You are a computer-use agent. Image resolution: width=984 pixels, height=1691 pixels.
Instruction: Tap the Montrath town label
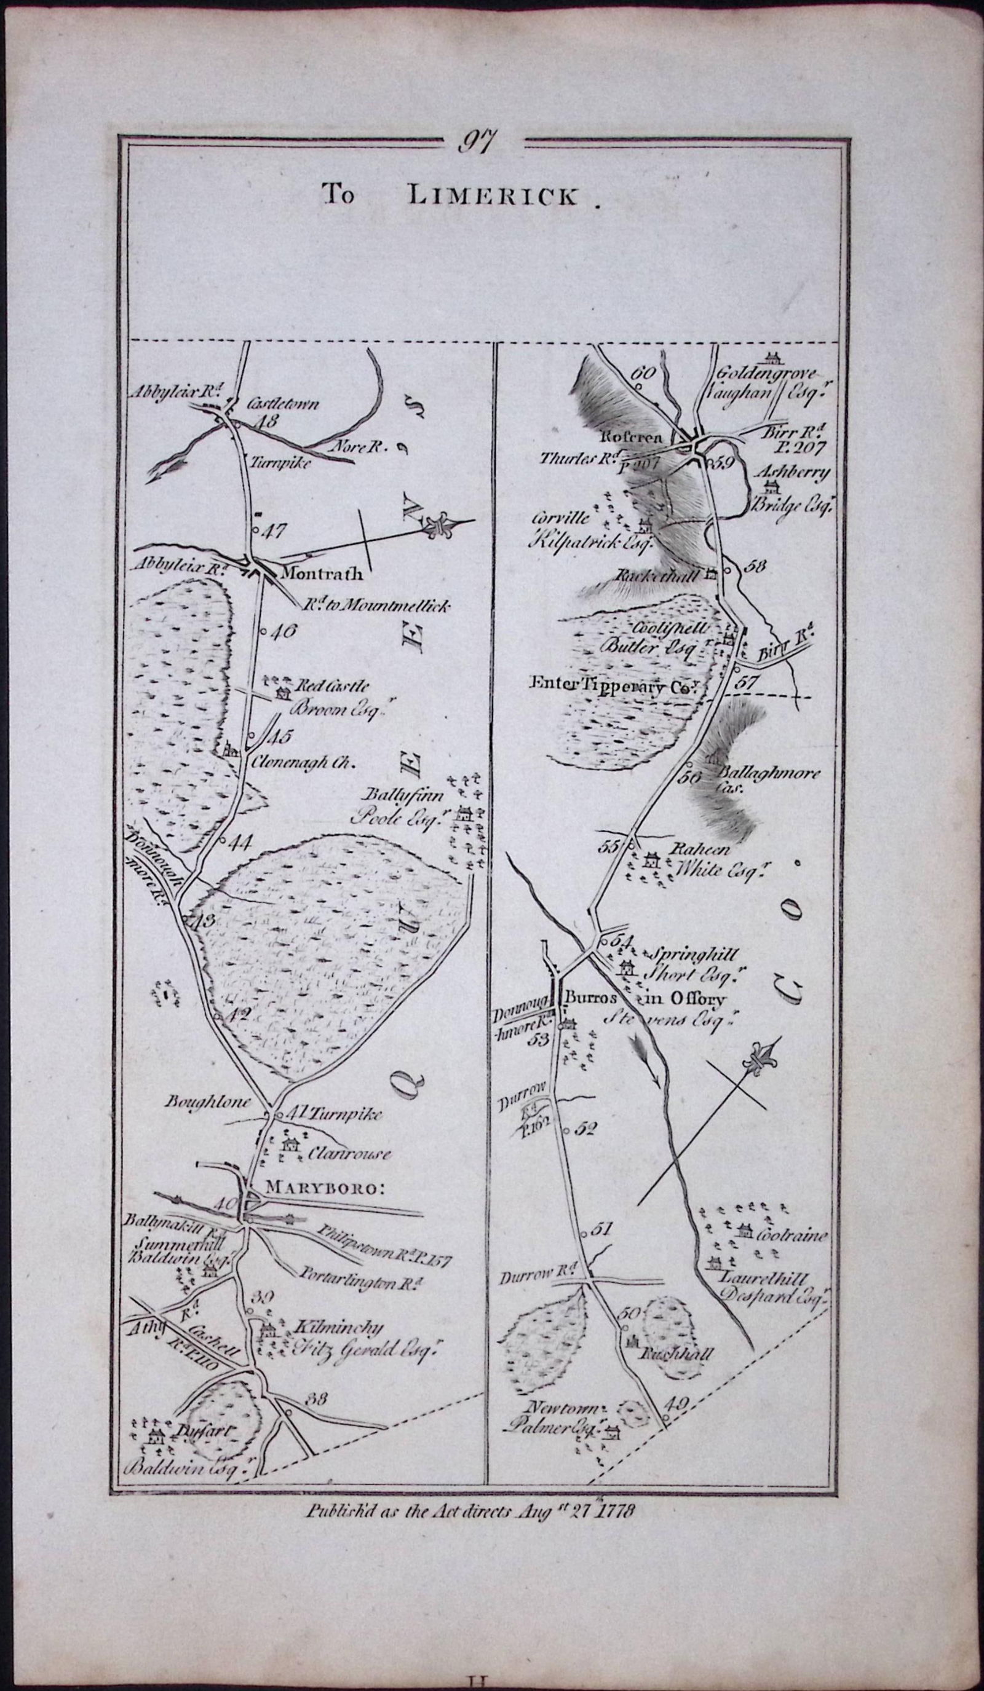(x=322, y=574)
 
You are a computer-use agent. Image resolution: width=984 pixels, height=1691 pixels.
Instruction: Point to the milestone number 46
(x=285, y=631)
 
